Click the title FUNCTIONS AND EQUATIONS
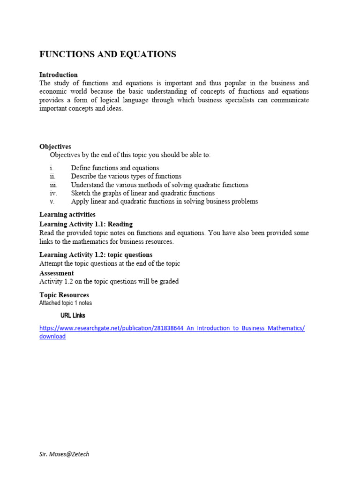tap(108, 54)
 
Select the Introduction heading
tap(59, 75)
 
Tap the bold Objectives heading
tap(55, 147)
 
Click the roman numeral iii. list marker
tap(53, 185)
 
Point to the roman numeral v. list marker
tap(52, 202)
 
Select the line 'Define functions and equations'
tap(115, 168)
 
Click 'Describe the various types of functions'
tap(126, 176)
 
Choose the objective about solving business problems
tap(165, 202)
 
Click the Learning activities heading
tap(67, 215)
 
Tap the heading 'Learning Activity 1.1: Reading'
tap(86, 224)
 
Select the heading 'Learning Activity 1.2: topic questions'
tap(96, 255)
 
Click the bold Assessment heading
tap(57, 273)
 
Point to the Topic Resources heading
tap(64, 295)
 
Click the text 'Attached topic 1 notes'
tap(66, 303)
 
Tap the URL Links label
tap(73, 315)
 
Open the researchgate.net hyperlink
tap(172, 328)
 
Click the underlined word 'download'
tap(52, 337)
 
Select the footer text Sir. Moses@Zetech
tap(64, 454)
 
